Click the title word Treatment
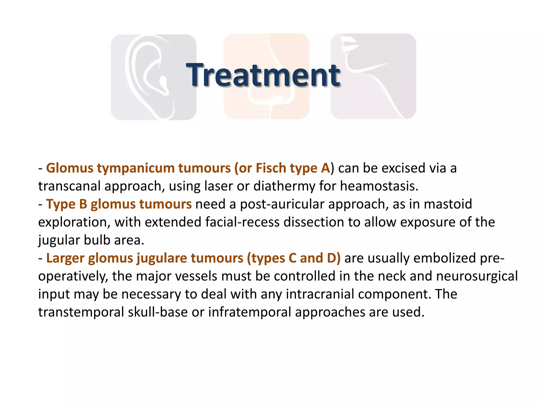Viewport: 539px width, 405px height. click(x=263, y=75)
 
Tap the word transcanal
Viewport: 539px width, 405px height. click(x=69, y=186)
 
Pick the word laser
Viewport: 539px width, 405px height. click(x=218, y=186)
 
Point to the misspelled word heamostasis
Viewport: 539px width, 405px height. click(x=379, y=186)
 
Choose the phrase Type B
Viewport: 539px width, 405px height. click(x=67, y=204)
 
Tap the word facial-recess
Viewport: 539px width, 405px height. click(x=242, y=222)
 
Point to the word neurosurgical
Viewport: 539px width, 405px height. click(x=477, y=276)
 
